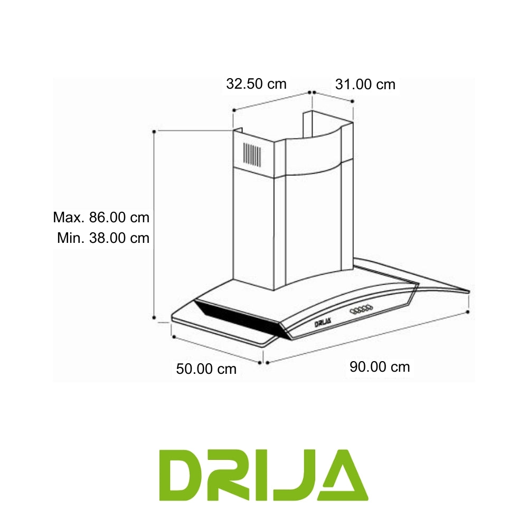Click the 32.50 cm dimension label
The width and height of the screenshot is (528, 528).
point(256,83)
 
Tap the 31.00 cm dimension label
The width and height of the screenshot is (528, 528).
point(365,84)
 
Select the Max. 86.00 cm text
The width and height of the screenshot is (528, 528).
point(101,217)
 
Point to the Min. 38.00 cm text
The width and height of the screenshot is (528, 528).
point(103,238)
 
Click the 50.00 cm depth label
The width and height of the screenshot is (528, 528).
point(206,369)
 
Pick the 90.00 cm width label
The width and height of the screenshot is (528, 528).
point(380,366)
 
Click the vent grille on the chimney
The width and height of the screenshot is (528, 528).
point(251,154)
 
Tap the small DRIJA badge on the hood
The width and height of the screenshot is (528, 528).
point(323,323)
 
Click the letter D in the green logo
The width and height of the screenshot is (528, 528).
point(182,476)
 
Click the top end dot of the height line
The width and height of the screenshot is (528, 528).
point(154,130)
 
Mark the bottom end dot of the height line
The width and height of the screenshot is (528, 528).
point(154,318)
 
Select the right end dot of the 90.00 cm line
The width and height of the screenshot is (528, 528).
point(469,312)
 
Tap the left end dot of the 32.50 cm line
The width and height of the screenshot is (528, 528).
point(233,110)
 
